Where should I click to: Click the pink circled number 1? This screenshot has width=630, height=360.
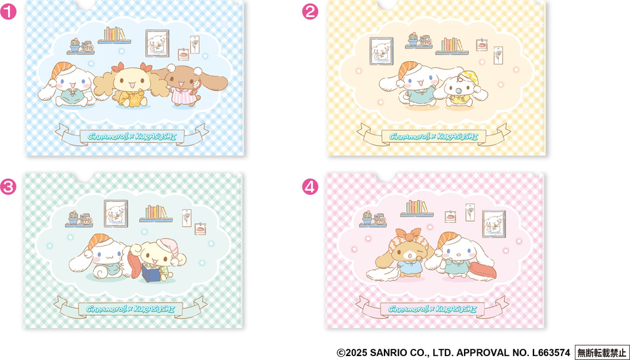click(8, 12)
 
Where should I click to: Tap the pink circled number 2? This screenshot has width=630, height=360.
click(310, 12)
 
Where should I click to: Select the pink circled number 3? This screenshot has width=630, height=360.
click(8, 187)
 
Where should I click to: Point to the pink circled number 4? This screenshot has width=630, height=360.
click(310, 187)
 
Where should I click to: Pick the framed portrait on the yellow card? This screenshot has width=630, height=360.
click(381, 51)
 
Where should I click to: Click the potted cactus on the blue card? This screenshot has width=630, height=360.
click(75, 45)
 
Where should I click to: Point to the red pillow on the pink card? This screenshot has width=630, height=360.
click(482, 270)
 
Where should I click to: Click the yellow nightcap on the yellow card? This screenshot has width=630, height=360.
click(467, 77)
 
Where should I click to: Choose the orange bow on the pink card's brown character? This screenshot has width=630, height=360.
click(408, 235)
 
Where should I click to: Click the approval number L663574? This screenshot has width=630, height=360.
click(551, 353)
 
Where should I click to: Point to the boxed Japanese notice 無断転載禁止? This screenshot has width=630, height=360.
click(602, 353)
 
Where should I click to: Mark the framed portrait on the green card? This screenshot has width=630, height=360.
click(116, 214)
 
